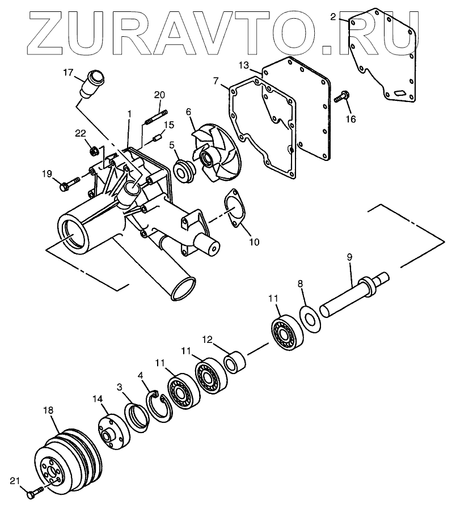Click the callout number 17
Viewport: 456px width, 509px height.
[69, 72]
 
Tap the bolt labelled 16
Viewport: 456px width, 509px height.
[341, 97]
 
